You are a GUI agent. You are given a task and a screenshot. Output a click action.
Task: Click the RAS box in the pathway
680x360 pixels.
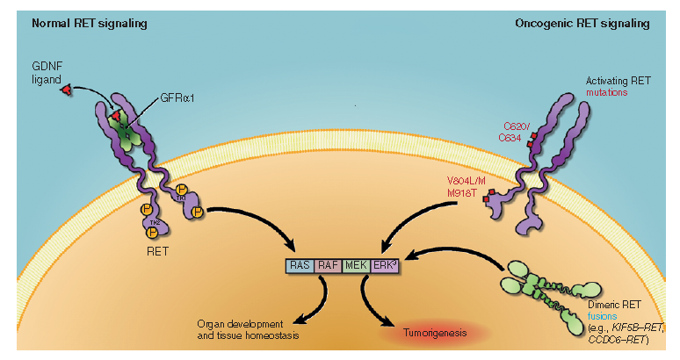pyautogui.click(x=299, y=263)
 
